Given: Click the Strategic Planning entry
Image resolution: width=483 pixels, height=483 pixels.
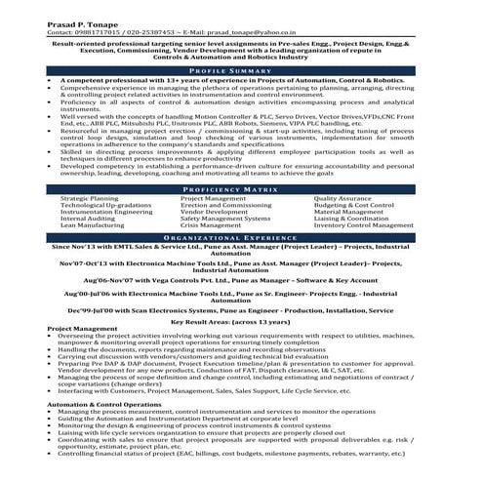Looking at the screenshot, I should [90, 198].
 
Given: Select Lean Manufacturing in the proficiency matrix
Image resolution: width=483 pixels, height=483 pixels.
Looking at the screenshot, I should [93, 225].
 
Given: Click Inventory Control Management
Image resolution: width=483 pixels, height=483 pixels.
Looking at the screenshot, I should [360, 225].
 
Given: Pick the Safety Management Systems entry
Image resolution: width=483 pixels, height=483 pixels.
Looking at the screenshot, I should [225, 219].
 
